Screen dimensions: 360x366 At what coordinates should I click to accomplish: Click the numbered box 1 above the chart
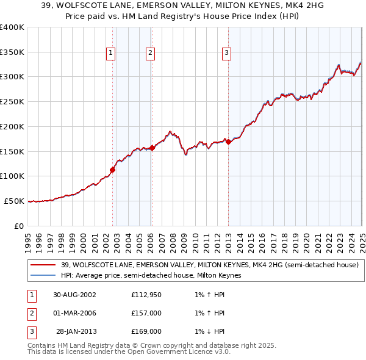pyautogui.click(x=111, y=53)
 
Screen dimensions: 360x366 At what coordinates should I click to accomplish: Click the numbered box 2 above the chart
pyautogui.click(x=150, y=53)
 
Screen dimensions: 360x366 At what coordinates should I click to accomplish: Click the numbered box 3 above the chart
pyautogui.click(x=226, y=53)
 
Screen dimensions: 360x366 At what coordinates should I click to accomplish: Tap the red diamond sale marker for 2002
pyautogui.click(x=113, y=170)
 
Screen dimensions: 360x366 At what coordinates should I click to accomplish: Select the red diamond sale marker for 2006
pyautogui.click(x=152, y=147)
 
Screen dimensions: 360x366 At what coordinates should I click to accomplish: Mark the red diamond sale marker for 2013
pyautogui.click(x=228, y=142)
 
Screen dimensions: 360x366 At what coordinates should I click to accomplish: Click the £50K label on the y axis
pyautogui.click(x=14, y=201)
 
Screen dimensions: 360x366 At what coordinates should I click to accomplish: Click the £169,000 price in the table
pyautogui.click(x=146, y=331)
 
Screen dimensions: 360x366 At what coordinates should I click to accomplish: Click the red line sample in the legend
pyautogui.click(x=43, y=265)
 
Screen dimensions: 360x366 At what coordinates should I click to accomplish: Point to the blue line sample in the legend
pyautogui.click(x=43, y=275)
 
